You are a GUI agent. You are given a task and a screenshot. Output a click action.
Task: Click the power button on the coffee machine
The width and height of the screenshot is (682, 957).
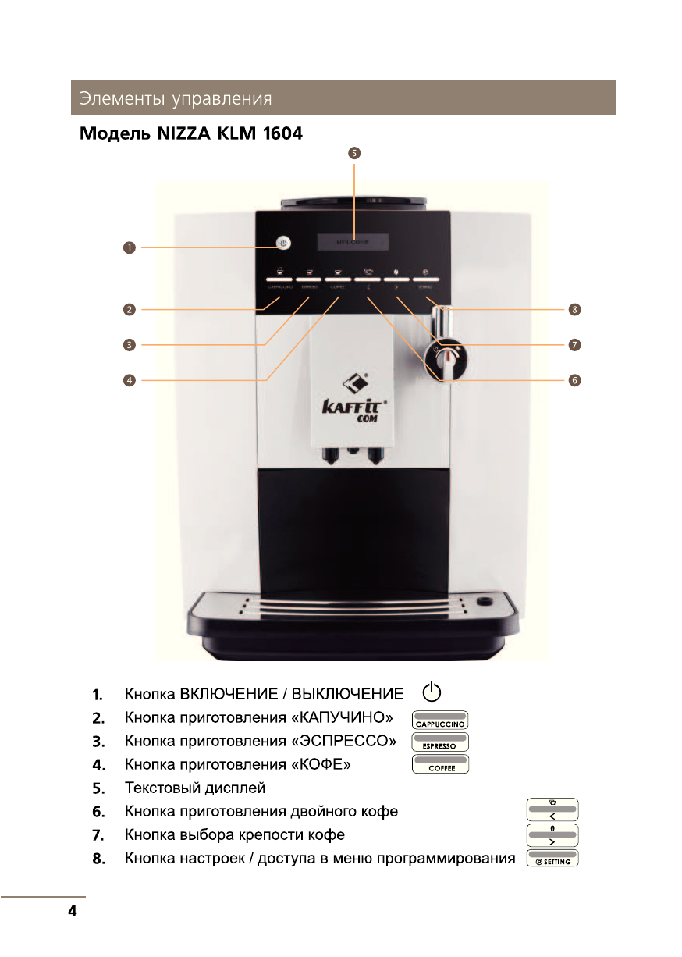tap(283, 244)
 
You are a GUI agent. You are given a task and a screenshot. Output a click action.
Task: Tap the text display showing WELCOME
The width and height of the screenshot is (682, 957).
tap(353, 242)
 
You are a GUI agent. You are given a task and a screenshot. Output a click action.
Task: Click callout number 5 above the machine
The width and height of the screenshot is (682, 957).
tap(354, 153)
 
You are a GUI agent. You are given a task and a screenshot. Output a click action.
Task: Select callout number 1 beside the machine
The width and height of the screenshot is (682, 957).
tap(129, 247)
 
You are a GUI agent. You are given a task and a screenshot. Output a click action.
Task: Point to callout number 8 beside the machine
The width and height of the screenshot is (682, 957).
tap(574, 310)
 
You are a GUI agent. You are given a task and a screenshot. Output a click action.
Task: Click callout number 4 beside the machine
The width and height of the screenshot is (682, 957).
tap(129, 380)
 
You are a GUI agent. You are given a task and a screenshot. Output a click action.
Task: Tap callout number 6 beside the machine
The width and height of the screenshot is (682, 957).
tap(574, 380)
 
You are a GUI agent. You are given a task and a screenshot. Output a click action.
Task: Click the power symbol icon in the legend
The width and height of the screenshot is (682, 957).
tap(432, 692)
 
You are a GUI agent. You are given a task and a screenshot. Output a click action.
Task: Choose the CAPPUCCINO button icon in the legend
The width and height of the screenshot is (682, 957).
tap(440, 720)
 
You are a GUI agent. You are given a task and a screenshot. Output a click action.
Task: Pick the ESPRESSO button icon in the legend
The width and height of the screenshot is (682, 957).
tap(440, 742)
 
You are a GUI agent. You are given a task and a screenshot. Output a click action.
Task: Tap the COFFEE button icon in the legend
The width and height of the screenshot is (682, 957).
tap(440, 763)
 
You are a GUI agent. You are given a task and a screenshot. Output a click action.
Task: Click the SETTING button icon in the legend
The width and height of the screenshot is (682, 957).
tap(552, 857)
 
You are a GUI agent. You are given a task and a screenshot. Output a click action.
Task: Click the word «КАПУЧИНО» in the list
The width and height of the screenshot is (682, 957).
tap(341, 717)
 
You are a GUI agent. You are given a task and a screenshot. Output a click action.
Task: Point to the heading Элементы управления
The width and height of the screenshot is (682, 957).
tap(175, 99)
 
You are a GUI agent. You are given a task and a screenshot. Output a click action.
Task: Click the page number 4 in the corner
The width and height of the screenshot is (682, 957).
tap(73, 911)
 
